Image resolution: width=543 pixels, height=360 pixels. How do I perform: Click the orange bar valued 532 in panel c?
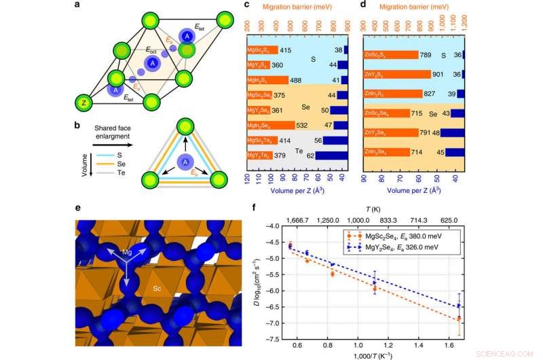[271, 125]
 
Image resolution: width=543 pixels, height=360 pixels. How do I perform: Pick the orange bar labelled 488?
[267, 79]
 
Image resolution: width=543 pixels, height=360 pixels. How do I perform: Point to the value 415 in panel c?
[285, 50]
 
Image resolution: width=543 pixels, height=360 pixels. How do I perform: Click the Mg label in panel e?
[128, 252]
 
